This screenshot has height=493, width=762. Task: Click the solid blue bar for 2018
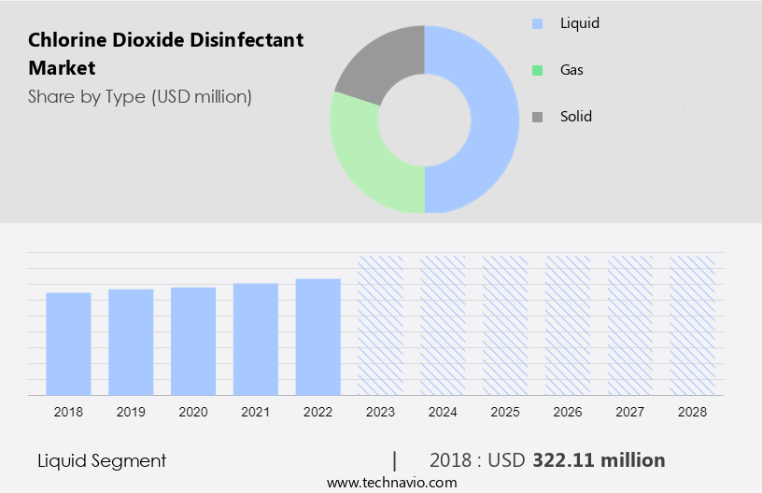[68, 343]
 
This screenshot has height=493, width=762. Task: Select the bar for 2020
[193, 340]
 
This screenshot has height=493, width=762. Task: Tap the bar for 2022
[318, 336]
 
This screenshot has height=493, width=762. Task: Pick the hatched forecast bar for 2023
[381, 324]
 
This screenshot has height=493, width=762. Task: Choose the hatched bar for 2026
[568, 324]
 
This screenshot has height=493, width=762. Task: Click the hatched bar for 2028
[693, 324]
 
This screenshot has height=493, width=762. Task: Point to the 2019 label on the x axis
[131, 412]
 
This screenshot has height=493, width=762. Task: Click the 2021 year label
[256, 412]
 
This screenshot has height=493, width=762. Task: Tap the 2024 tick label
[444, 412]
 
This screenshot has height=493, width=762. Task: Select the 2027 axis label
[630, 412]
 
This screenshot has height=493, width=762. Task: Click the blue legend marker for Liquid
[537, 23]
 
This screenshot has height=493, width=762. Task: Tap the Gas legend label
[572, 70]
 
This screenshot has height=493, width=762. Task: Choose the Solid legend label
[576, 117]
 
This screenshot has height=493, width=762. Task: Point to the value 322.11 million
[599, 460]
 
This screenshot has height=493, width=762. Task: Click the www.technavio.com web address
[391, 483]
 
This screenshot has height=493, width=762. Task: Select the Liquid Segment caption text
[102, 460]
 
